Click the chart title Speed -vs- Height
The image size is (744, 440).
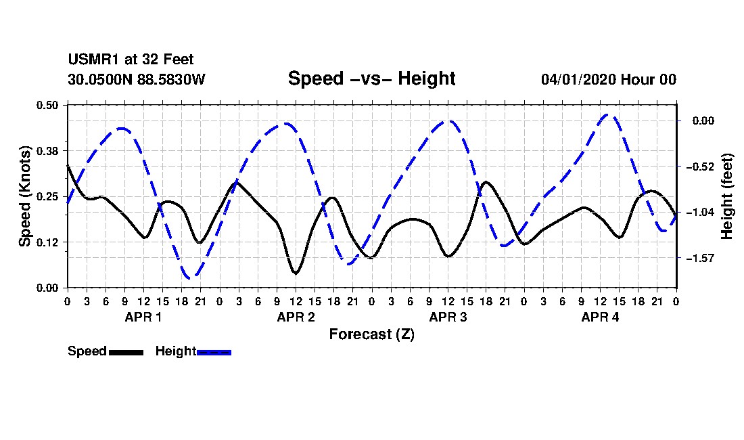point(371,79)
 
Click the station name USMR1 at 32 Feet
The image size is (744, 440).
point(131,60)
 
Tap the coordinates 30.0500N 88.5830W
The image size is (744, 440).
point(136,79)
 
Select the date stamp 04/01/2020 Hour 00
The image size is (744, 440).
point(609,79)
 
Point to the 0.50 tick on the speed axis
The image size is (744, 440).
point(47,105)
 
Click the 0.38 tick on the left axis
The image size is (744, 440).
point(47,151)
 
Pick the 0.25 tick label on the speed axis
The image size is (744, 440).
point(47,196)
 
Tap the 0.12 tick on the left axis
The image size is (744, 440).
point(47,242)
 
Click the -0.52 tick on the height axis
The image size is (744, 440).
point(700,167)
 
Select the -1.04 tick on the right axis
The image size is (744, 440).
point(700,212)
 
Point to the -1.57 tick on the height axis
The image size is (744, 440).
point(700,258)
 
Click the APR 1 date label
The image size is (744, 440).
point(143,317)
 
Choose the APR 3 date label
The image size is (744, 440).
point(448,317)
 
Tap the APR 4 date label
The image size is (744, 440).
point(600,317)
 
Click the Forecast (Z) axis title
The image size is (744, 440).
point(371,334)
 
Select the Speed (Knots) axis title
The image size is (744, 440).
point(25,196)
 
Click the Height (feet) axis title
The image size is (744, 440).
point(727,196)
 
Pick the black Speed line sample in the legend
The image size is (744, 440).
point(126,352)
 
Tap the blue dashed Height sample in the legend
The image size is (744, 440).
point(214,352)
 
